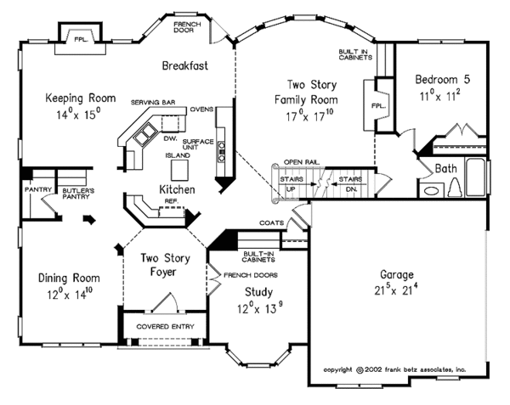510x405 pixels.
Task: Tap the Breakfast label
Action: coord(186,65)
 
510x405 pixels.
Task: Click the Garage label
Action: coord(398,275)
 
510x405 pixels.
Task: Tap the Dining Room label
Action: coord(69,278)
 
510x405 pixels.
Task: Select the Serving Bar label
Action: coord(153,103)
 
